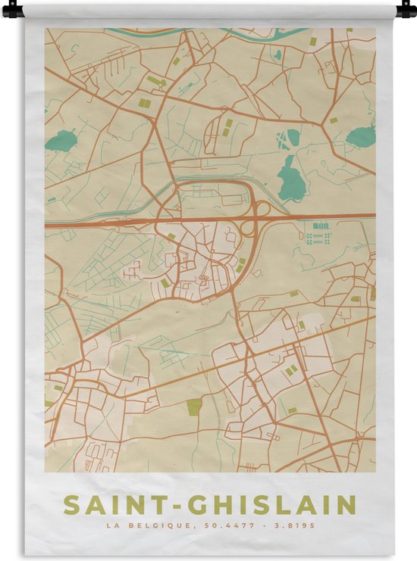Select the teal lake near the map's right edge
(361, 136)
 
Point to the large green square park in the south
(195, 407)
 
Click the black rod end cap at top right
(406, 10)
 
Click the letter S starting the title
(71, 505)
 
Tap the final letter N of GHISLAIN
(346, 505)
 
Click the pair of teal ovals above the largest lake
(288, 139)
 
